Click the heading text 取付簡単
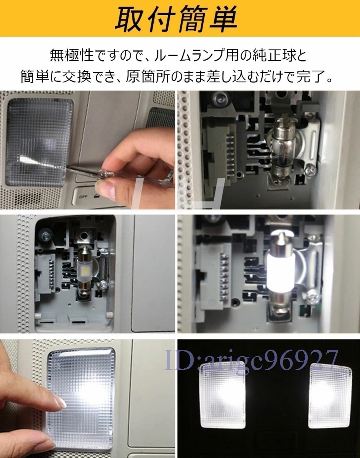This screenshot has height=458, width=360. coord(176,19)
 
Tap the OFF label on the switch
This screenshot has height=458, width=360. coord(83,196)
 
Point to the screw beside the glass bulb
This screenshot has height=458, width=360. coord(311,170)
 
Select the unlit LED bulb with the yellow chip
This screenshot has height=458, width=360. coord(85,269)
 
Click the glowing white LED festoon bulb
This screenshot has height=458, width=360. coord(280,277)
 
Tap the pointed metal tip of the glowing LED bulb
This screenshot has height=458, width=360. coord(281,234)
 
